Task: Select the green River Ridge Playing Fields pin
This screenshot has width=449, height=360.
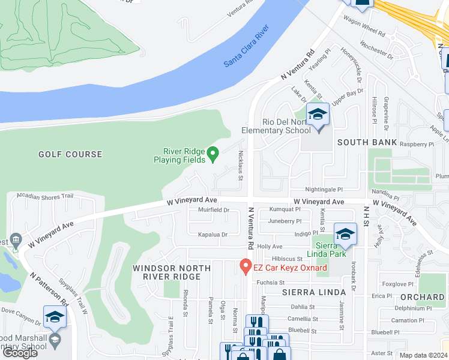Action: click(x=212, y=155)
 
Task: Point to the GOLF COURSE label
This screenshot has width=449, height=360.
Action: click(x=70, y=154)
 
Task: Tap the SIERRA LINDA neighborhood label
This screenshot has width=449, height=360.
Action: click(x=314, y=292)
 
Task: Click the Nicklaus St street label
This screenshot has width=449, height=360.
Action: click(x=241, y=165)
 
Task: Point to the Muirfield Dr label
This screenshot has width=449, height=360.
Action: click(x=214, y=210)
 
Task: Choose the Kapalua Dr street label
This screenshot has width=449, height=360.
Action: click(x=213, y=235)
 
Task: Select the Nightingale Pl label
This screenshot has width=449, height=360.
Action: click(x=323, y=188)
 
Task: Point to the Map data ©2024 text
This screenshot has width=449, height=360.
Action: click(x=423, y=355)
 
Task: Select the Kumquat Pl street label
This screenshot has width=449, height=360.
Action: click(x=285, y=209)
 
